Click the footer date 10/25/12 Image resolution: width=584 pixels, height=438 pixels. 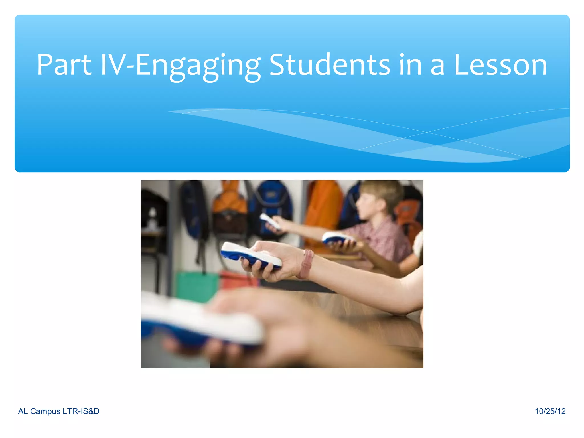[x=550, y=411]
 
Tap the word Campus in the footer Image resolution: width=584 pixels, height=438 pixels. [x=45, y=411]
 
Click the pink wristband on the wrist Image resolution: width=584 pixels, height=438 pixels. [x=306, y=264]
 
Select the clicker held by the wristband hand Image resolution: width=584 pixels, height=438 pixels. [x=251, y=255]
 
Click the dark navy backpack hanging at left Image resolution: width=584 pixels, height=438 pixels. [x=194, y=211]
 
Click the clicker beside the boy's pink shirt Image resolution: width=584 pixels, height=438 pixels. [x=338, y=238]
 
